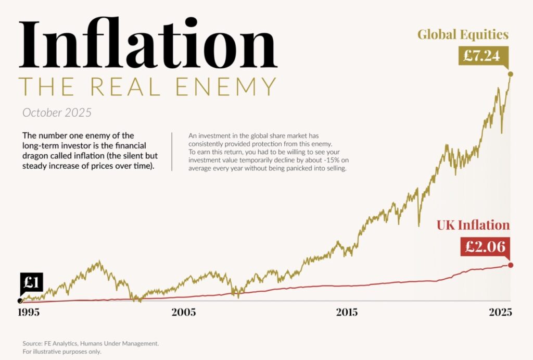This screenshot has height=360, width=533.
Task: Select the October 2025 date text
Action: click(57, 113)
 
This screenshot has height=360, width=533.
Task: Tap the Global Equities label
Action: click(463, 35)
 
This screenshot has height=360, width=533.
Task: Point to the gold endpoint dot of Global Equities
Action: click(511, 75)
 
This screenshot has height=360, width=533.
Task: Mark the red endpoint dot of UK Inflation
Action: click(511, 265)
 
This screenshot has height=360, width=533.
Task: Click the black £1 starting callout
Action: click(32, 283)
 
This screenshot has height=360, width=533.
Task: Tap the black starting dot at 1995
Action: click(20, 301)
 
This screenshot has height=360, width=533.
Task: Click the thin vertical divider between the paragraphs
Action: click(172, 152)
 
